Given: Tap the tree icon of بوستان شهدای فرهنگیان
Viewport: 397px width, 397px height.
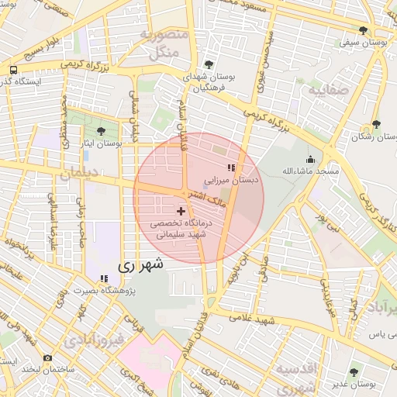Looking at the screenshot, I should pyautogui.click(x=209, y=64).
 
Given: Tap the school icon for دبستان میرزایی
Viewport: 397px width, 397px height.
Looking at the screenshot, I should pyautogui.click(x=230, y=167).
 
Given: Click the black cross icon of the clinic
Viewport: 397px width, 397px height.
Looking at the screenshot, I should pyautogui.click(x=181, y=211).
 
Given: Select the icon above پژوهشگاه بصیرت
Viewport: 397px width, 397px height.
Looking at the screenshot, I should pyautogui.click(x=103, y=279).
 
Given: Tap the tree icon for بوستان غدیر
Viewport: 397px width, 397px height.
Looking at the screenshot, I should pyautogui.click(x=354, y=371).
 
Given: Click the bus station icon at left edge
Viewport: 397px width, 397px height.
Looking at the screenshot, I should pyautogui.click(x=13, y=70).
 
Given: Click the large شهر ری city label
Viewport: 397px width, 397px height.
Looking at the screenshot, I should pyautogui.click(x=141, y=264).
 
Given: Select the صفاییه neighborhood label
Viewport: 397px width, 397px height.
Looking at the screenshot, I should pyautogui.click(x=333, y=91).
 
